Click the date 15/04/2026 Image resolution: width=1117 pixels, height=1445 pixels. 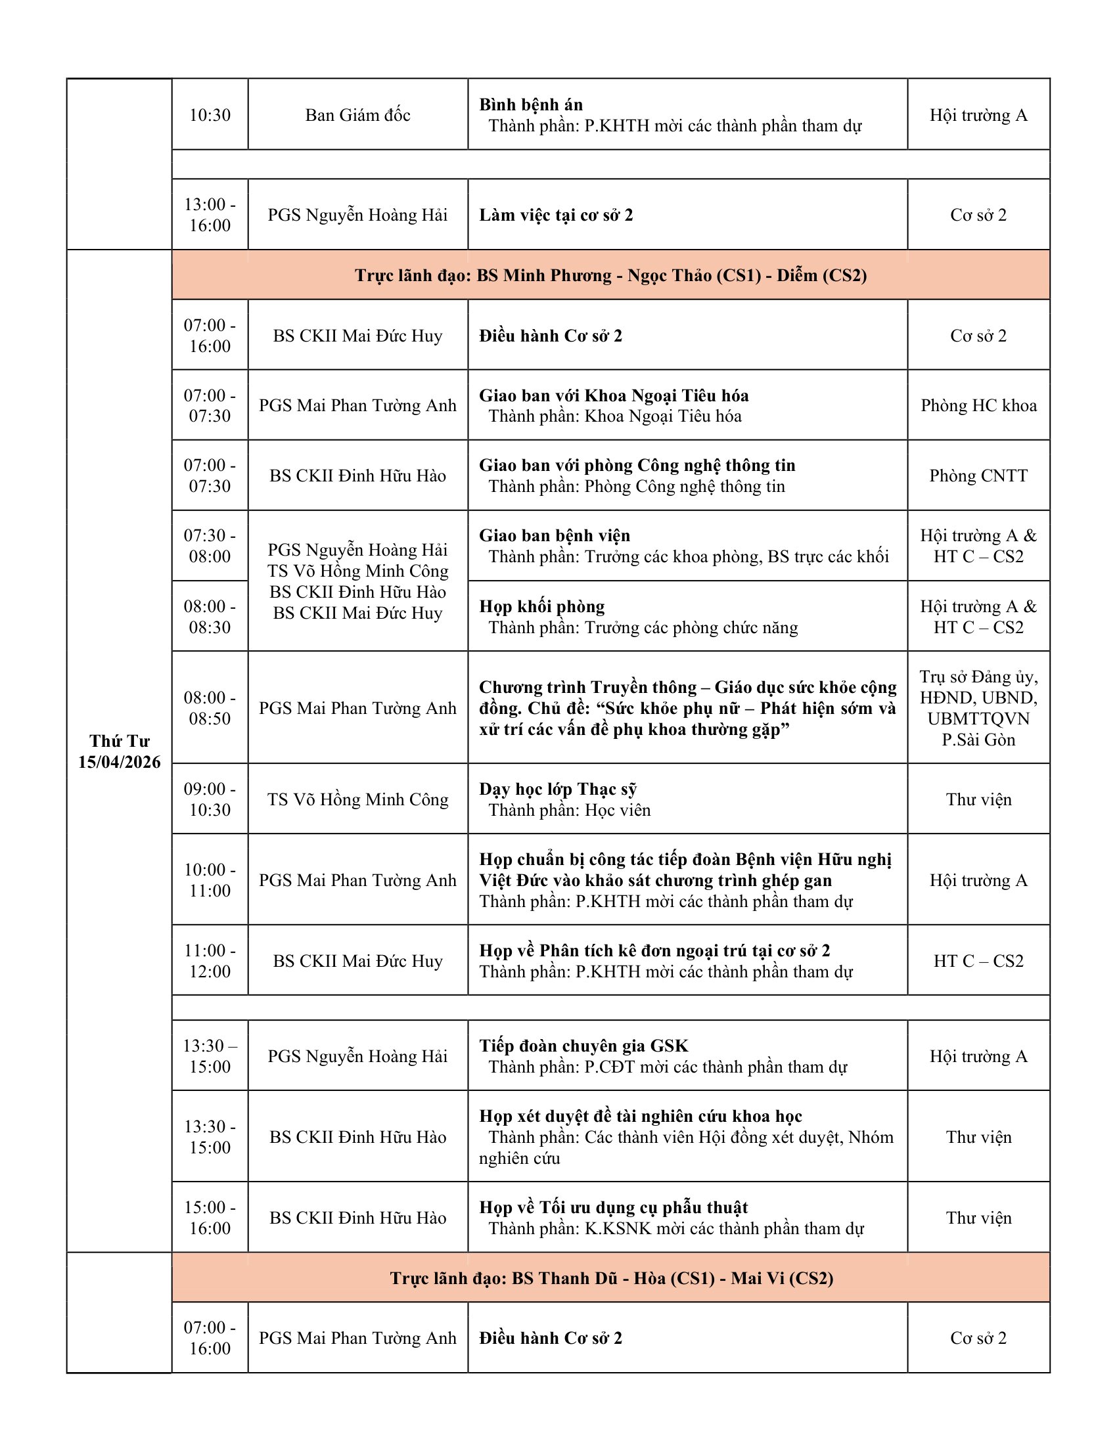(x=119, y=762)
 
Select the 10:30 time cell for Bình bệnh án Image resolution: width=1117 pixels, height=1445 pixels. (x=210, y=115)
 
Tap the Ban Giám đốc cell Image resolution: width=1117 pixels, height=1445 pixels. (x=357, y=115)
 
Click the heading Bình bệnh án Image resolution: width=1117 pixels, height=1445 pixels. (x=531, y=104)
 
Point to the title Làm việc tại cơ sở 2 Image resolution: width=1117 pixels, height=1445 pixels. (x=556, y=215)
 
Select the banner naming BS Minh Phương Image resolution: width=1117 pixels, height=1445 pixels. (x=610, y=275)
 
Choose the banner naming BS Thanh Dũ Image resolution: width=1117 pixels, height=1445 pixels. (x=610, y=1278)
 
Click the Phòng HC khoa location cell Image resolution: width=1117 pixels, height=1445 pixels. (x=978, y=405)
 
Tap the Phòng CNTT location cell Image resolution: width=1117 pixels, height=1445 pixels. (x=978, y=476)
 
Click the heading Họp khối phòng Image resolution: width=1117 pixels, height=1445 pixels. (x=542, y=606)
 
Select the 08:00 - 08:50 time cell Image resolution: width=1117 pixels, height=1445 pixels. (x=210, y=708)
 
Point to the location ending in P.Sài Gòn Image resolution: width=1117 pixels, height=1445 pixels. (x=978, y=708)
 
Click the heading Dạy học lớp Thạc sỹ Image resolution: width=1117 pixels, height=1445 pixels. (x=558, y=789)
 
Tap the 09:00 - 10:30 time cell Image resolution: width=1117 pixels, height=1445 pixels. (x=210, y=799)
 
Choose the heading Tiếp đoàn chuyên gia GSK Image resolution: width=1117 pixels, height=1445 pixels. (x=583, y=1046)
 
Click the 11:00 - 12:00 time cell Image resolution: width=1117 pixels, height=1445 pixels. (x=210, y=961)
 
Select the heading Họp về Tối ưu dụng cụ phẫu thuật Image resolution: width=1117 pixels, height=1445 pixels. (x=614, y=1207)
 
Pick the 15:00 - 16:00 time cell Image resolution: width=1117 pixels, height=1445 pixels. (x=210, y=1217)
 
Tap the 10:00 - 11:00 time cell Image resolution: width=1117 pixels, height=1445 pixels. (x=210, y=880)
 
